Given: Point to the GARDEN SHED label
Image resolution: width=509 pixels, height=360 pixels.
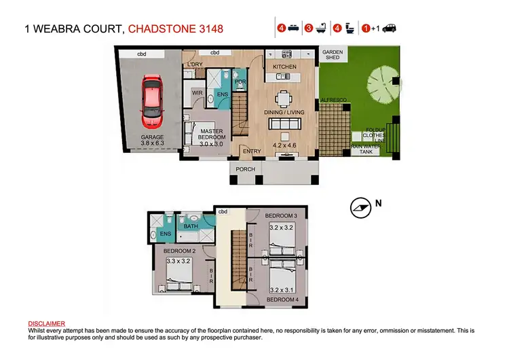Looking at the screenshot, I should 331,54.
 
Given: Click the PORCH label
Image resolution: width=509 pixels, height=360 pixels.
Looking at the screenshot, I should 245,170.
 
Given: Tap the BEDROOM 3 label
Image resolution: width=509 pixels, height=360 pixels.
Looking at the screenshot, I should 282,215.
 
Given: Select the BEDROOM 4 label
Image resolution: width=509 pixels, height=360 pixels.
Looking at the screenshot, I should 280,299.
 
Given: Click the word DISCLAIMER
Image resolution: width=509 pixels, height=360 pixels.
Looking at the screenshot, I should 47,324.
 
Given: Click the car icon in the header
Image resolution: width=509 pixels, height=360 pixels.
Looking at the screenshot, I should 389,29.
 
